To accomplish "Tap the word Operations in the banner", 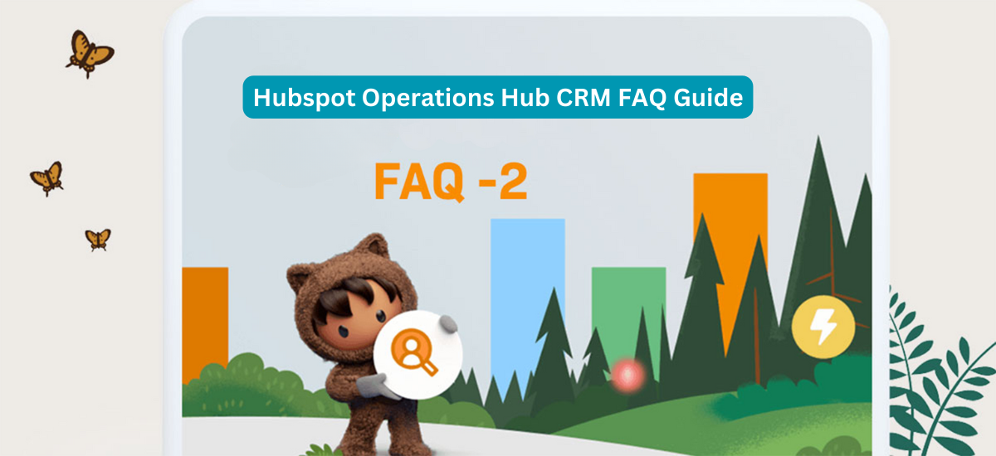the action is tap(427, 99).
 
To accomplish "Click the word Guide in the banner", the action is tap(708, 97).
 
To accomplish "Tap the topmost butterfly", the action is tap(90, 54).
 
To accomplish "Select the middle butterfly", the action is tap(47, 178).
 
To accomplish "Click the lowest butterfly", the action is tap(98, 240).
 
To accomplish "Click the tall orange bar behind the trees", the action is tap(730, 249).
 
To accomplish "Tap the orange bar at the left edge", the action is tap(205, 320).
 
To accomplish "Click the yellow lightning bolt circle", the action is tap(823, 327).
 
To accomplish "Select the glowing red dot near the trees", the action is tap(627, 376).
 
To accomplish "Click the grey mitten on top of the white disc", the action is tap(448, 323).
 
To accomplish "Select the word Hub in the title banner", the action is tap(525, 97).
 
